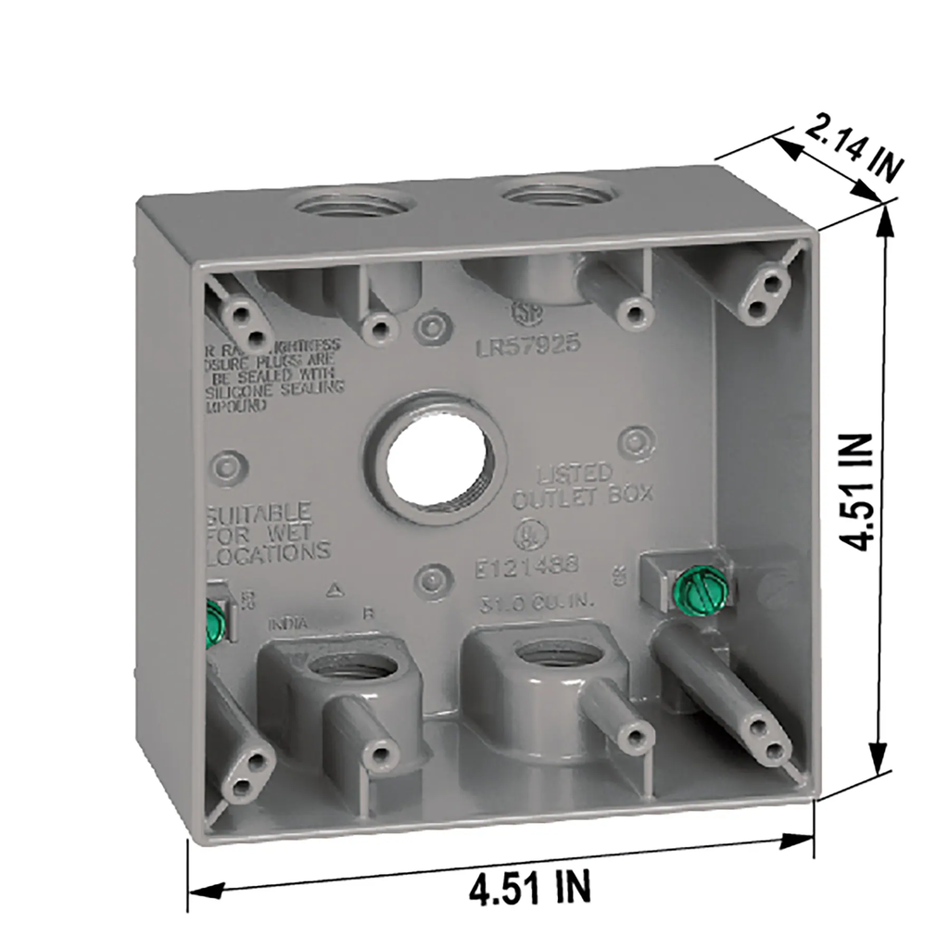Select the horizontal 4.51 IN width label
tap(529, 890)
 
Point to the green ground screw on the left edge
tap(214, 622)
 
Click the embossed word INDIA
tap(289, 624)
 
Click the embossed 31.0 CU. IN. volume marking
tap(528, 600)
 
